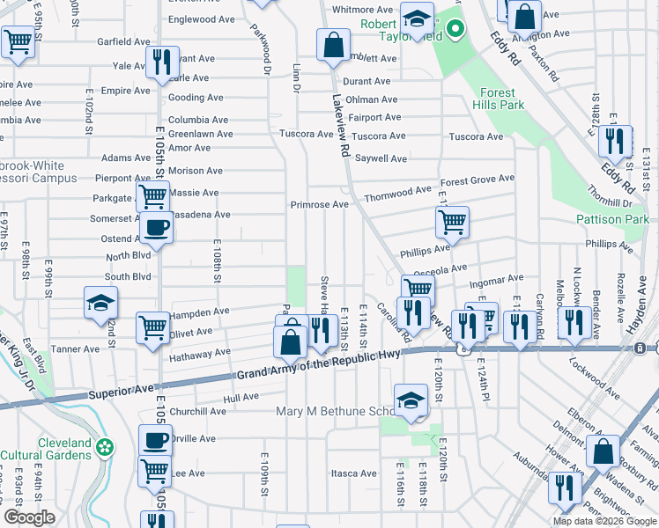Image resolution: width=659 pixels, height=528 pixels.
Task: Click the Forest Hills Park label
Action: [502, 99]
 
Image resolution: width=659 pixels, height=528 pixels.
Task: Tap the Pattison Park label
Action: [612, 219]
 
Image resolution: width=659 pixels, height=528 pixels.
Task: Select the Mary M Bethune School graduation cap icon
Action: [411, 400]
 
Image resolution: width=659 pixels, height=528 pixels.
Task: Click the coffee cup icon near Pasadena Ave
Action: [157, 227]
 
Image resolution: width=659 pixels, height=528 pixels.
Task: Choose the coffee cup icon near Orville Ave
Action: [156, 439]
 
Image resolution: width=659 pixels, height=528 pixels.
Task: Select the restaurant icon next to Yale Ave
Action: [161, 62]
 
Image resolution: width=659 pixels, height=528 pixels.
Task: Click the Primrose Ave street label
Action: [320, 205]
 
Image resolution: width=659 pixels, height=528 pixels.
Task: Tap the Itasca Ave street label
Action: [353, 473]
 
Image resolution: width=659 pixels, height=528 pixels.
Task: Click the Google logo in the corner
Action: [29, 517]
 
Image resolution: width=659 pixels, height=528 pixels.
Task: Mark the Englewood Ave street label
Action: [202, 19]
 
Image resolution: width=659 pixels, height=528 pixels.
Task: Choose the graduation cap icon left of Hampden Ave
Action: [101, 304]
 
